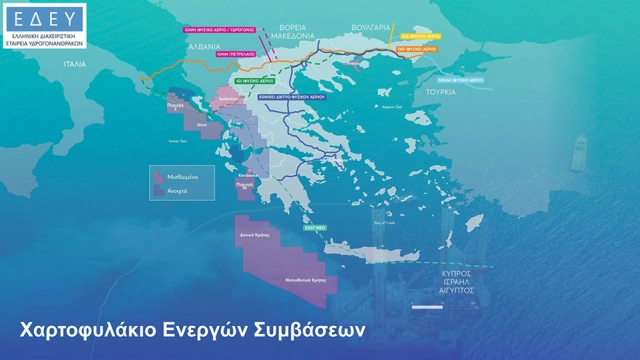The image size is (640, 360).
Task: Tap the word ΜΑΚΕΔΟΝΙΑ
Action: pyautogui.click(x=290, y=35)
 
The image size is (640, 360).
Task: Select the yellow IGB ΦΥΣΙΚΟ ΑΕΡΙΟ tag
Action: pyautogui.click(x=416, y=34)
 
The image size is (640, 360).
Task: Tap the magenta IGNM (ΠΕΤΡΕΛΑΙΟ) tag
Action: pyautogui.click(x=239, y=55)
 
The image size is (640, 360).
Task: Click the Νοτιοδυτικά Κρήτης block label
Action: pyautogui.click(x=306, y=281)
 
